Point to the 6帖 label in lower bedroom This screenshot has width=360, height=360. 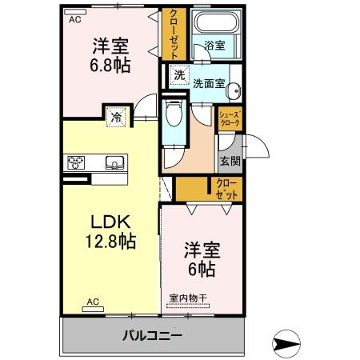click(202, 270)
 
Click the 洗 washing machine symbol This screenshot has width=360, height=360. click(179, 76)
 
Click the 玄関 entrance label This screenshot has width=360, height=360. click(230, 160)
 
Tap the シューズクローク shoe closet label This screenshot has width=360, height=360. click(230, 119)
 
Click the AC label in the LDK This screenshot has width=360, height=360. click(93, 302)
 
